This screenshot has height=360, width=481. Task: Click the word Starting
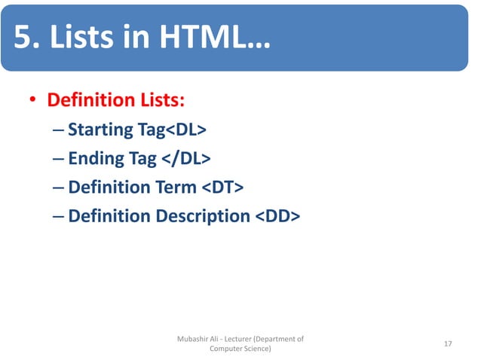100,130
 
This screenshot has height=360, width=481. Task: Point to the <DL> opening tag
185,130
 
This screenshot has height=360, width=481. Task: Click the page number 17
448,343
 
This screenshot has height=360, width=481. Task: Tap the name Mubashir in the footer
194,339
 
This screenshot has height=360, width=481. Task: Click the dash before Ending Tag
59,159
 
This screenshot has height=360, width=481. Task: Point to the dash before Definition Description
59,216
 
